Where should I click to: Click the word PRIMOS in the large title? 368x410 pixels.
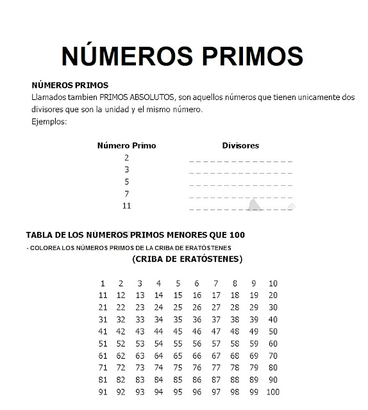241,56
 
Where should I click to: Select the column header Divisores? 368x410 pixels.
240,145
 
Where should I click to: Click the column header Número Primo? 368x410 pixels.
126,145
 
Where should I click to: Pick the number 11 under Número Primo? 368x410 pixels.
126,206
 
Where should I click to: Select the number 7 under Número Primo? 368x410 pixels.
126,193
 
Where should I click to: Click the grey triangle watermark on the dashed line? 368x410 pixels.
255,204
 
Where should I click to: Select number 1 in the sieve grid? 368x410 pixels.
102,283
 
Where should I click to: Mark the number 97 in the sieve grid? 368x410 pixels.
216,392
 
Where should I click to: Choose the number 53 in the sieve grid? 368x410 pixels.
139,343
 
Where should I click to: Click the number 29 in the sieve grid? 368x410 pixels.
254,307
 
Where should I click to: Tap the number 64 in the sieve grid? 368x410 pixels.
158,356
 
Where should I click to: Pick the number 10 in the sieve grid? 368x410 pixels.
273,283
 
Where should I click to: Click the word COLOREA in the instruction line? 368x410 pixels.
46,248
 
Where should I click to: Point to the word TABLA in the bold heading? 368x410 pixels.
39,234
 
